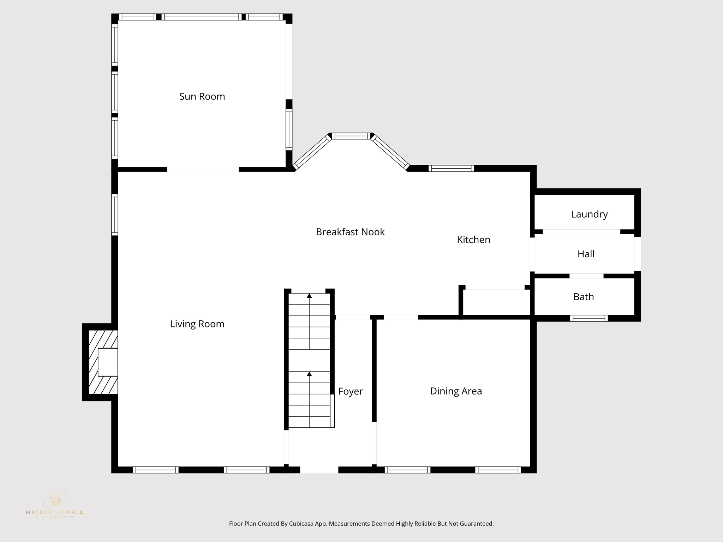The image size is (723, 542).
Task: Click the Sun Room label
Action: point(202,96)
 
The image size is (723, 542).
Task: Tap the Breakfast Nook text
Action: point(350,232)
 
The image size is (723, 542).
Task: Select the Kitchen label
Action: point(473,240)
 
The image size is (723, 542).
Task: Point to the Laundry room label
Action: point(589,214)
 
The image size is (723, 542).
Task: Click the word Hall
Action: point(586,254)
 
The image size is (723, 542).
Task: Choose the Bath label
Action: point(583,297)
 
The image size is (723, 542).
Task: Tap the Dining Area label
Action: point(456,391)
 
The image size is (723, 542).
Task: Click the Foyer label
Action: point(350,391)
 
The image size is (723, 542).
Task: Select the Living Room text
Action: point(197,324)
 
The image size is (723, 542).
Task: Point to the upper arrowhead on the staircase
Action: point(309,296)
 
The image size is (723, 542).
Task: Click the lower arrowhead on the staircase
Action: point(309,374)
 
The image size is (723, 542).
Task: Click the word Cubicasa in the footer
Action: point(303,524)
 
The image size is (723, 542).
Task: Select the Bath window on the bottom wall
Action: point(589,318)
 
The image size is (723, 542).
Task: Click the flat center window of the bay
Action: point(351,136)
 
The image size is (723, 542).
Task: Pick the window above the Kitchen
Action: point(451,168)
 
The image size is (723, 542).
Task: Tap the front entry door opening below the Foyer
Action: point(319,470)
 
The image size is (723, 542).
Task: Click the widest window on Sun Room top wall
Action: point(202,17)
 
